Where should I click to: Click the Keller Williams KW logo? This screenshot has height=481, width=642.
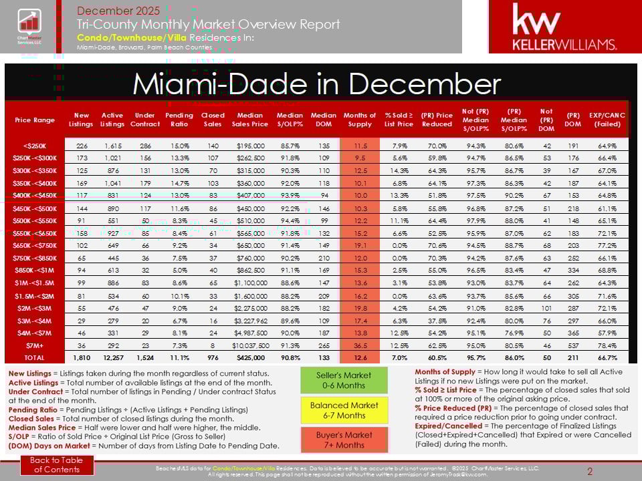point(564,27)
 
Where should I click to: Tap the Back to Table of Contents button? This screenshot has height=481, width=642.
point(58,465)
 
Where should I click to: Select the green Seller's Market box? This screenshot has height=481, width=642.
point(344,380)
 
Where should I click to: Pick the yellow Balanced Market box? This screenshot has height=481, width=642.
point(344,410)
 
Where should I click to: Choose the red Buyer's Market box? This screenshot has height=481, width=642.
point(344,440)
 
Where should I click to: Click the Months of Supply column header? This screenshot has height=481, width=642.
point(360,120)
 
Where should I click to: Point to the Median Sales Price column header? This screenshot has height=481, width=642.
point(250,120)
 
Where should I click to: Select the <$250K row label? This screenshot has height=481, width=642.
point(34,145)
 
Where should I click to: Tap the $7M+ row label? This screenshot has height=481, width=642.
point(34,346)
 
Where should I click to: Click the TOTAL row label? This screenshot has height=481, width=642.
point(34,358)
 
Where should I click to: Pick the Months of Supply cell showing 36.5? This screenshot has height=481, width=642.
point(360,346)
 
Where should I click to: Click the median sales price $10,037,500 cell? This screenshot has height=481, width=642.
point(250,346)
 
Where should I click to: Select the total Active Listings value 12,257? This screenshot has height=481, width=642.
point(112,358)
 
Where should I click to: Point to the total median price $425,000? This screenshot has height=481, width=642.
point(250,358)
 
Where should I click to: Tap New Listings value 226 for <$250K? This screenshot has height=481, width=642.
point(81,145)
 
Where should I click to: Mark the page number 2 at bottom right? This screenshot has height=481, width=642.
point(590,472)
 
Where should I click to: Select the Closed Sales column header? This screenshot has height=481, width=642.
point(213,120)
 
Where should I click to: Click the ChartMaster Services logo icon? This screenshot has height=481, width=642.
point(29,26)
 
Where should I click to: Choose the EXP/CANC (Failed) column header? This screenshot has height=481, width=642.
point(607,120)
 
